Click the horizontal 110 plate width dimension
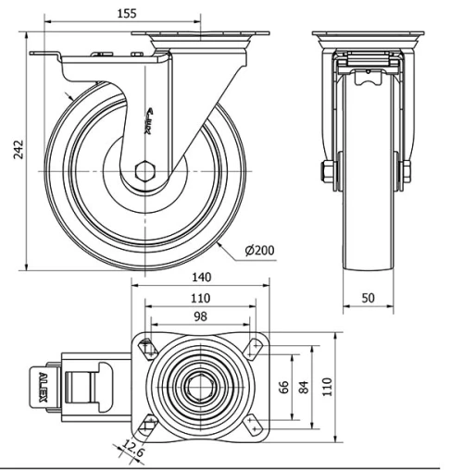pos(199,299)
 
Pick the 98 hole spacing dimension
pos(200,317)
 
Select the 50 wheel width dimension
pos(369,298)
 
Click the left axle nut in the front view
pos(326,171)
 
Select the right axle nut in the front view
pos(406,171)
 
